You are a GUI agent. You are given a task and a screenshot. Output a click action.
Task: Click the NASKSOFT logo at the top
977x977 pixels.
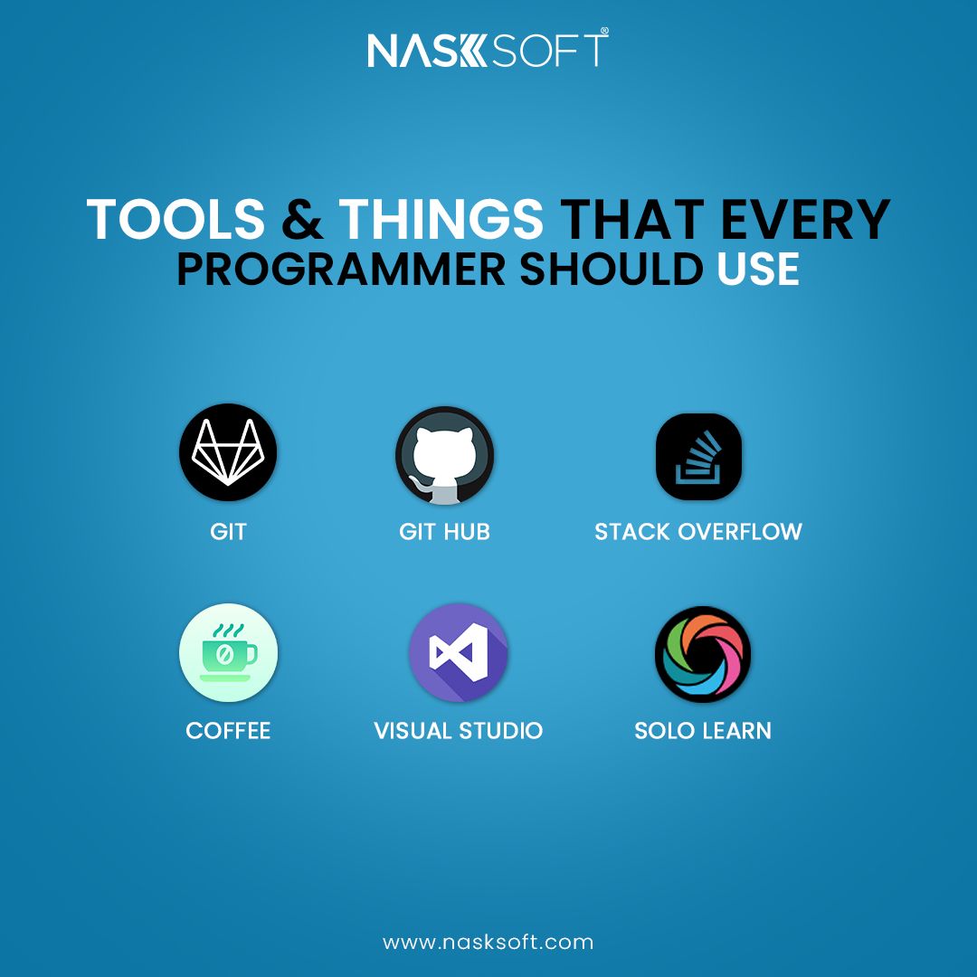click(488, 48)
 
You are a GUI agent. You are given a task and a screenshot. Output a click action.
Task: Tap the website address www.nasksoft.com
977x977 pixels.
click(488, 942)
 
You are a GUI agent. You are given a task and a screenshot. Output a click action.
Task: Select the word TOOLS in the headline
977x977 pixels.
click(175, 219)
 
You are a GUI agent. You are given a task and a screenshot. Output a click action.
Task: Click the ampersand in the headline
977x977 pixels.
click(302, 219)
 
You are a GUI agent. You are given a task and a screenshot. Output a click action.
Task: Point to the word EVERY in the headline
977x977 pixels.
click(805, 219)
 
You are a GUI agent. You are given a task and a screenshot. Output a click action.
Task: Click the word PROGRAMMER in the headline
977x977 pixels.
click(341, 270)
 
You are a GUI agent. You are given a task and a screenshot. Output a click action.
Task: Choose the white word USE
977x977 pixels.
click(758, 270)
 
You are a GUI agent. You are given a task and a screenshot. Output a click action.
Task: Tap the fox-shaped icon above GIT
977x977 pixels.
click(228, 452)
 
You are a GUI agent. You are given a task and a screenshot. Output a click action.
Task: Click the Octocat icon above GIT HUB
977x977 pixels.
click(445, 455)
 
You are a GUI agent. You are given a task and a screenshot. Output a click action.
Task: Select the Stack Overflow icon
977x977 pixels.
click(698, 457)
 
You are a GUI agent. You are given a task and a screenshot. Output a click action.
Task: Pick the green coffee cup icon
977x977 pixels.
click(228, 652)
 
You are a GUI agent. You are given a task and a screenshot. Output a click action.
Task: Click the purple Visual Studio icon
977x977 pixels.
click(459, 652)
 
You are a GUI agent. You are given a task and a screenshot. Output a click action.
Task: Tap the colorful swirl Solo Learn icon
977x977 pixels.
click(703, 654)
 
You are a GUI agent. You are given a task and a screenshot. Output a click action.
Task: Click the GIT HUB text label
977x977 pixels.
click(444, 532)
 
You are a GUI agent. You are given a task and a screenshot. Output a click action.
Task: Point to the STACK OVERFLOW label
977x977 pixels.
click(697, 532)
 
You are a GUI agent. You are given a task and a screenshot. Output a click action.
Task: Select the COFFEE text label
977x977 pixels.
click(228, 730)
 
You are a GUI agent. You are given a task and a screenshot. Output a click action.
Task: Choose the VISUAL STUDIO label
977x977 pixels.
click(458, 730)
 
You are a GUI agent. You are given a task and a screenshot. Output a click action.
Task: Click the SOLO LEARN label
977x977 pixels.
click(703, 730)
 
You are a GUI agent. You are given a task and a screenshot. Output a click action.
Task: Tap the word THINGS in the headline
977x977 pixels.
click(441, 219)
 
